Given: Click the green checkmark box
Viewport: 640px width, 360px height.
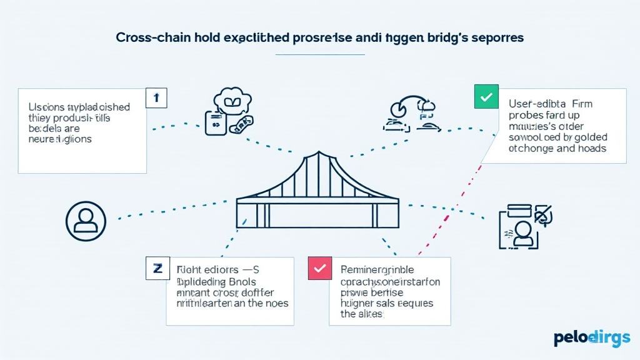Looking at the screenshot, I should click(487, 97).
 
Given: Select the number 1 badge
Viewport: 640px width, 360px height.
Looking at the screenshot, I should click(156, 98).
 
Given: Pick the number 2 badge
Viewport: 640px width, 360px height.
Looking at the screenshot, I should click(157, 268).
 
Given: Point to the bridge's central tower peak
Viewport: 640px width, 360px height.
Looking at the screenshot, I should click(318, 154).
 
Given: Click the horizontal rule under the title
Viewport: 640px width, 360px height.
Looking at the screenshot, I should click(320, 54).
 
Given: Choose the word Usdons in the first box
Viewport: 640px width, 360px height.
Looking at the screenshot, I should click(46, 107).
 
